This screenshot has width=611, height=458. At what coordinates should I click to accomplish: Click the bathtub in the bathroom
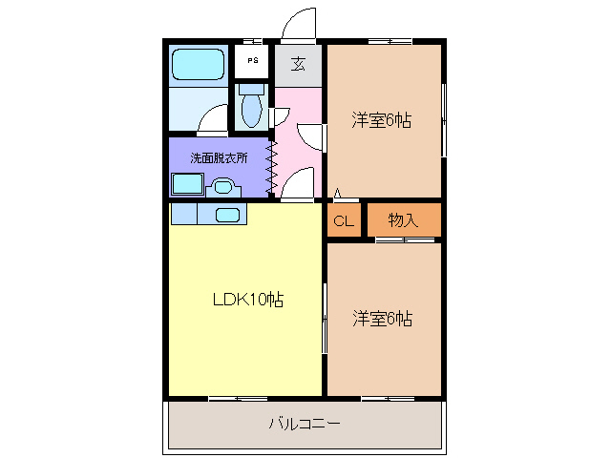[198, 65]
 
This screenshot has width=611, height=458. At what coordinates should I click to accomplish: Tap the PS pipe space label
[252, 61]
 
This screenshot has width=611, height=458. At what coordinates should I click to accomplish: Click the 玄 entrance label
[299, 65]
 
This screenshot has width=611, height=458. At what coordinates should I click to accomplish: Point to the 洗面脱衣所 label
[218, 157]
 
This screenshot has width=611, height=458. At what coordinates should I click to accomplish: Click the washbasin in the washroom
[223, 186]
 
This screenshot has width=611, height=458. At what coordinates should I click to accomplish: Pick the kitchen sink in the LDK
[228, 215]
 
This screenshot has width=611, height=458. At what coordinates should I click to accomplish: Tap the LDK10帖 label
[246, 299]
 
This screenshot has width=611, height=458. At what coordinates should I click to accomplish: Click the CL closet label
[344, 221]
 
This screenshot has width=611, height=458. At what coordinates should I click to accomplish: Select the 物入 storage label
[403, 220]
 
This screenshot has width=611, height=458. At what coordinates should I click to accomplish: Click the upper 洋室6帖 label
[381, 120]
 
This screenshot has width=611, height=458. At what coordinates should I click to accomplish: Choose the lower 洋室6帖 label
[382, 318]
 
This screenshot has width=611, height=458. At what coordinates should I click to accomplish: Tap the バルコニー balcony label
[304, 422]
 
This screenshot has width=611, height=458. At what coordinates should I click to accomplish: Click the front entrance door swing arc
[299, 21]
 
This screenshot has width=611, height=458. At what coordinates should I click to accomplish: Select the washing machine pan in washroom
[186, 184]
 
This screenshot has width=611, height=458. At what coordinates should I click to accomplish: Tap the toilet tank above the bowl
[251, 88]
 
